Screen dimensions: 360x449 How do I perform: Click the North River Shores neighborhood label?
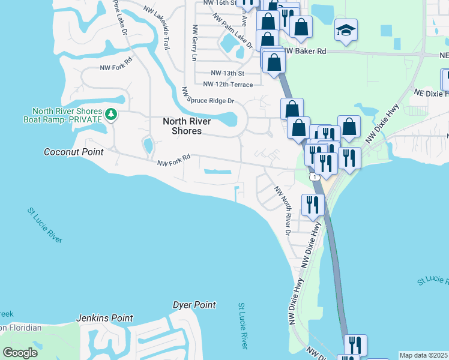[x=187, y=125]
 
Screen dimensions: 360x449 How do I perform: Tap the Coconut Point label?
[x=74, y=152]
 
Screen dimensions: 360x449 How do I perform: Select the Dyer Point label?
[x=194, y=305]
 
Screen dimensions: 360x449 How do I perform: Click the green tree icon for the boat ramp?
[x=110, y=114]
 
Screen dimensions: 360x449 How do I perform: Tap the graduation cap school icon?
[x=346, y=30]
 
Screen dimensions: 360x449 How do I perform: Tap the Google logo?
[x=20, y=352]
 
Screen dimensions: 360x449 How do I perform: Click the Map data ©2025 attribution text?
[x=423, y=355]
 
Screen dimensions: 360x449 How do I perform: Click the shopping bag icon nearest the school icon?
[x=301, y=26]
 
